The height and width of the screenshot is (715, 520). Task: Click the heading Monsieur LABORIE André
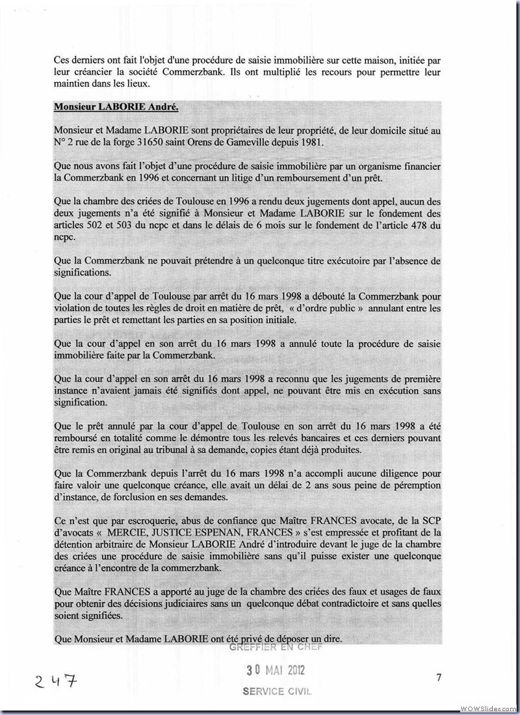[x=107, y=106]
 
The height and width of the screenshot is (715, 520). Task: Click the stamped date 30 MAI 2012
[x=274, y=670]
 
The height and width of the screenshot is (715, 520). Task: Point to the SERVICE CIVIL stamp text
[x=277, y=692]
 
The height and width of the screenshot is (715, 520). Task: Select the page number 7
[x=439, y=678]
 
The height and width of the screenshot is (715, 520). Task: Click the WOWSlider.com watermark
[x=488, y=708]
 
